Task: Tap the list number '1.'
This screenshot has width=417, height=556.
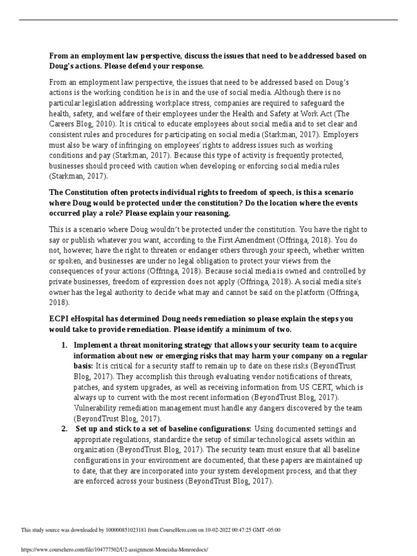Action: coord(64,345)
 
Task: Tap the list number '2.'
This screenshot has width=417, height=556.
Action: coord(64,429)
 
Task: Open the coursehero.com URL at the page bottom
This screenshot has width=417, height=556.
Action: coord(114,549)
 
